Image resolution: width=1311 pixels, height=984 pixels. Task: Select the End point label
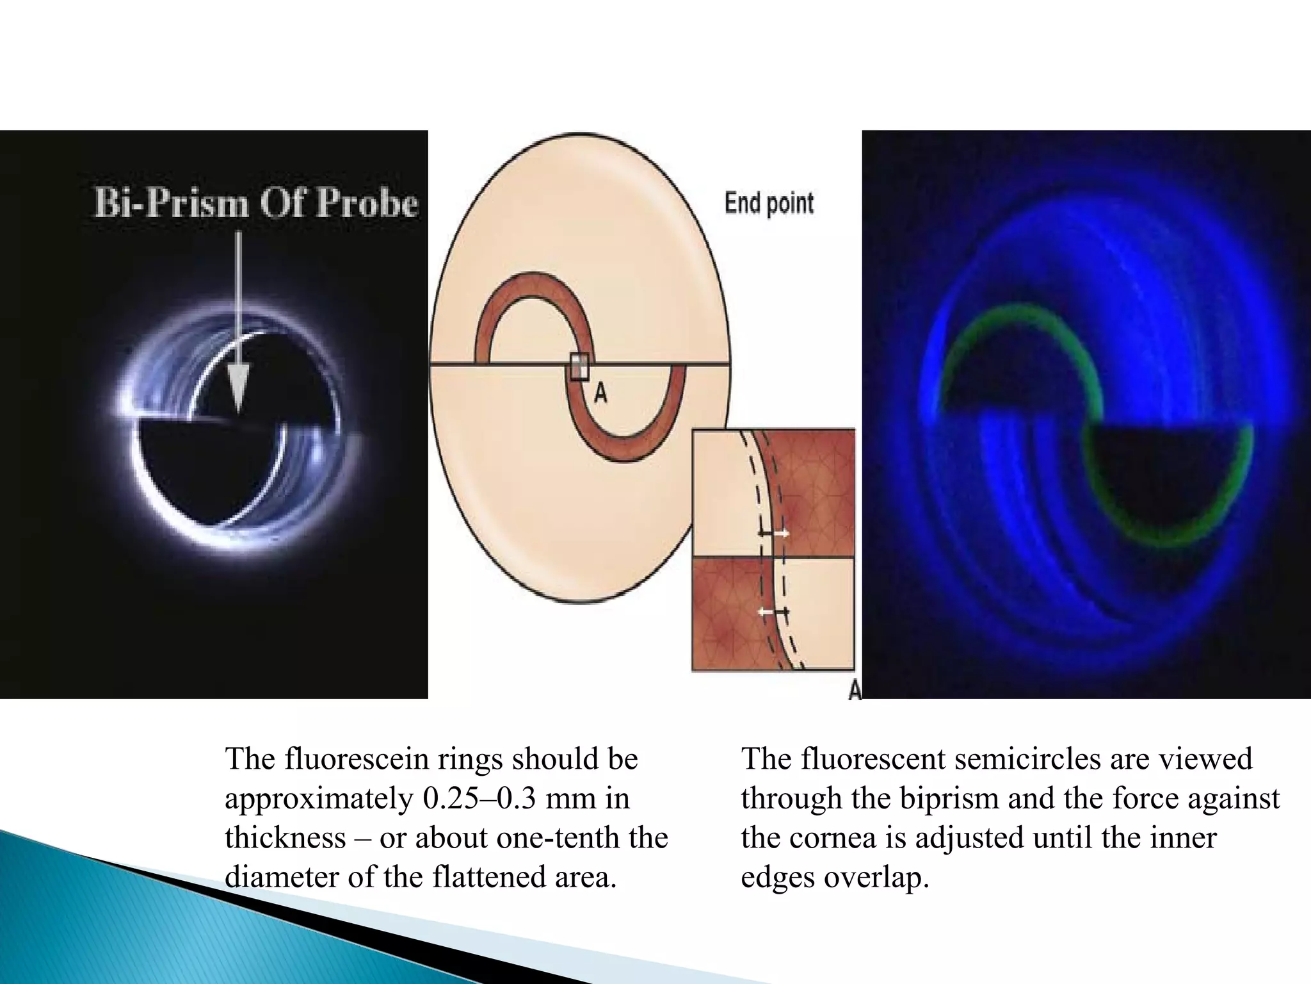(x=769, y=204)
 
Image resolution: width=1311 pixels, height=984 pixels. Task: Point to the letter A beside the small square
(x=600, y=393)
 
